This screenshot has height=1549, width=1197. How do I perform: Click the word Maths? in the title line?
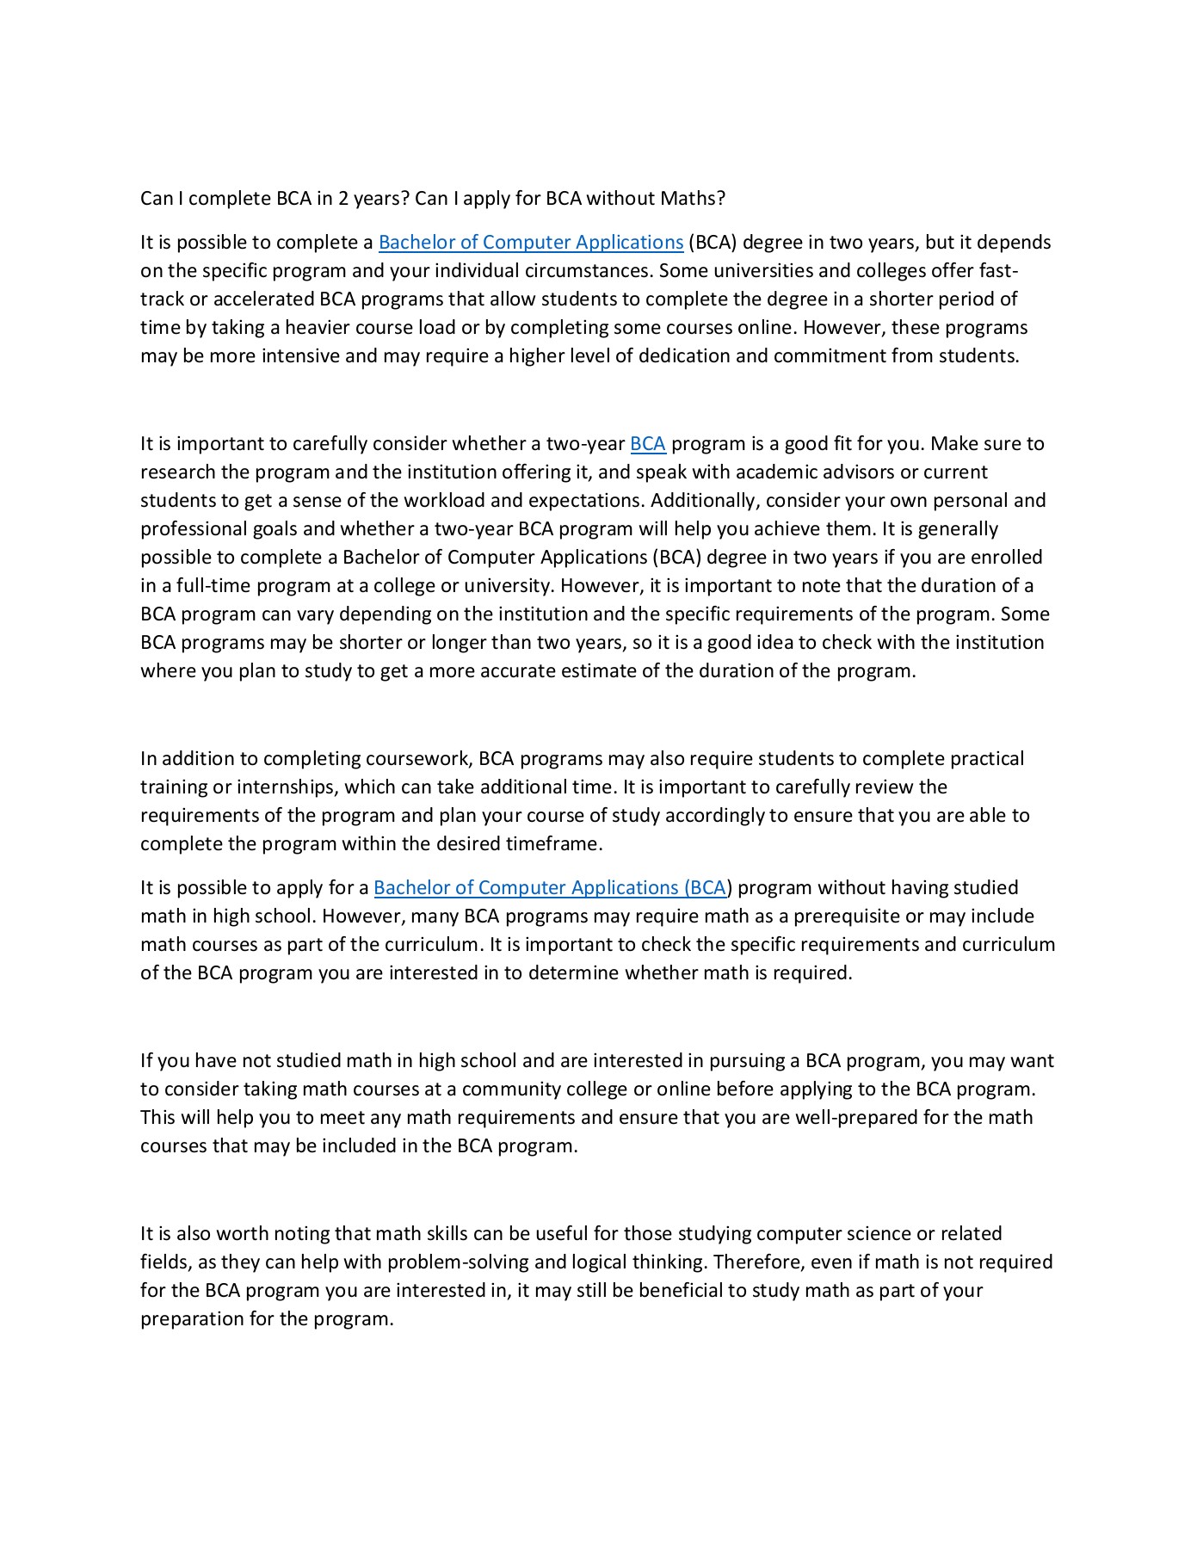click(x=693, y=199)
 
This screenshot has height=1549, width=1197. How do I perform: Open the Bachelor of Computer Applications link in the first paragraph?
click(x=531, y=243)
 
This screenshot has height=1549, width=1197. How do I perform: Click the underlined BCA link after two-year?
click(x=648, y=444)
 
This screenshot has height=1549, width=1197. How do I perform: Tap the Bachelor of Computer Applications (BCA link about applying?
click(x=551, y=888)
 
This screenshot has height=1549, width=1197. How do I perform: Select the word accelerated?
click(x=263, y=299)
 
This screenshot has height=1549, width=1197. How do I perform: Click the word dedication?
click(x=663, y=356)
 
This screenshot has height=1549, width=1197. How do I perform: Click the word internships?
click(x=288, y=787)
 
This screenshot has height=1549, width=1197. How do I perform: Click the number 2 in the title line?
click(x=343, y=199)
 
